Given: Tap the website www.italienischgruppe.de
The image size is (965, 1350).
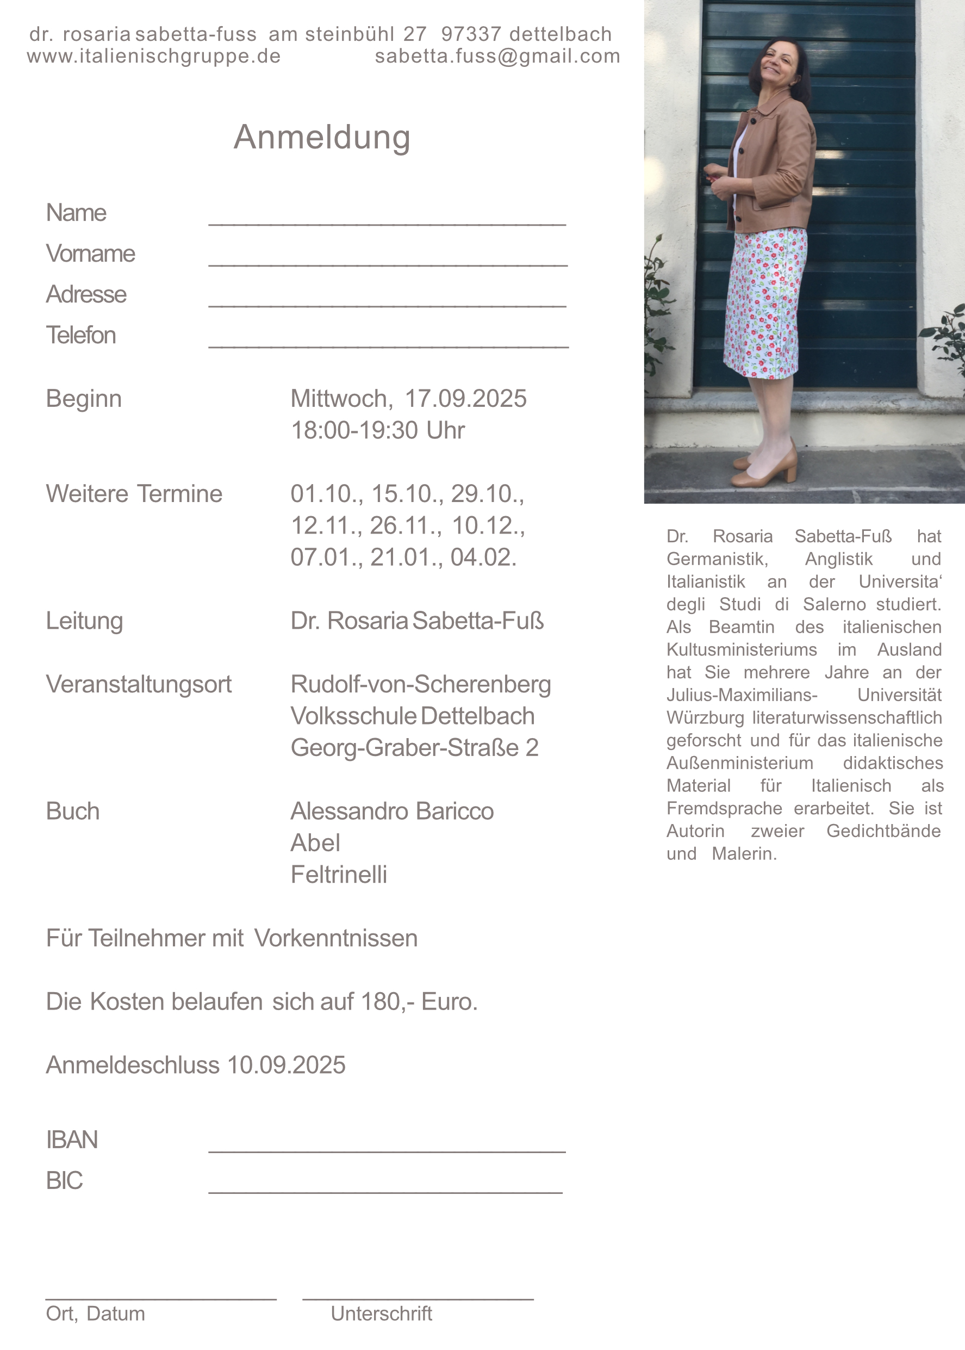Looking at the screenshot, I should click(x=153, y=56).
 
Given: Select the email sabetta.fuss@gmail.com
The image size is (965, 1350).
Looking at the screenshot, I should click(x=497, y=56).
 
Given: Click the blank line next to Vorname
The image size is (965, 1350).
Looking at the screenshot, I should click(x=388, y=264).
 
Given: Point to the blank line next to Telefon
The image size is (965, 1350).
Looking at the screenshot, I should click(x=388, y=345).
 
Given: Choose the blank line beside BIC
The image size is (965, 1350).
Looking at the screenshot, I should click(x=385, y=1191).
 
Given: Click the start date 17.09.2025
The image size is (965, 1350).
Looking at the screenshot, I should click(x=465, y=399).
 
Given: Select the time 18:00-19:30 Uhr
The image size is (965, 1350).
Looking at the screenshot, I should click(x=377, y=430).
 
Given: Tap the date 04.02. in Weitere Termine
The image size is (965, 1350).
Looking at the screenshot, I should click(x=483, y=558).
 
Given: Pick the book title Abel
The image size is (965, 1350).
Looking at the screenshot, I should click(x=315, y=843).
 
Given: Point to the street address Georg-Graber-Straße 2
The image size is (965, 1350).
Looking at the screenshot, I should click(x=414, y=748).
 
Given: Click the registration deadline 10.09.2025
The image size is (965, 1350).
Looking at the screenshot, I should click(x=286, y=1065).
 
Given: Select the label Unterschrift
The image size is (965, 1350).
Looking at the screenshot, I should click(x=381, y=1313).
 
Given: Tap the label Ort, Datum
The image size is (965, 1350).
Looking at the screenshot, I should click(x=95, y=1313).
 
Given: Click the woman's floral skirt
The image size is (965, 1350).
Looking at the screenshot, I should click(x=765, y=303).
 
